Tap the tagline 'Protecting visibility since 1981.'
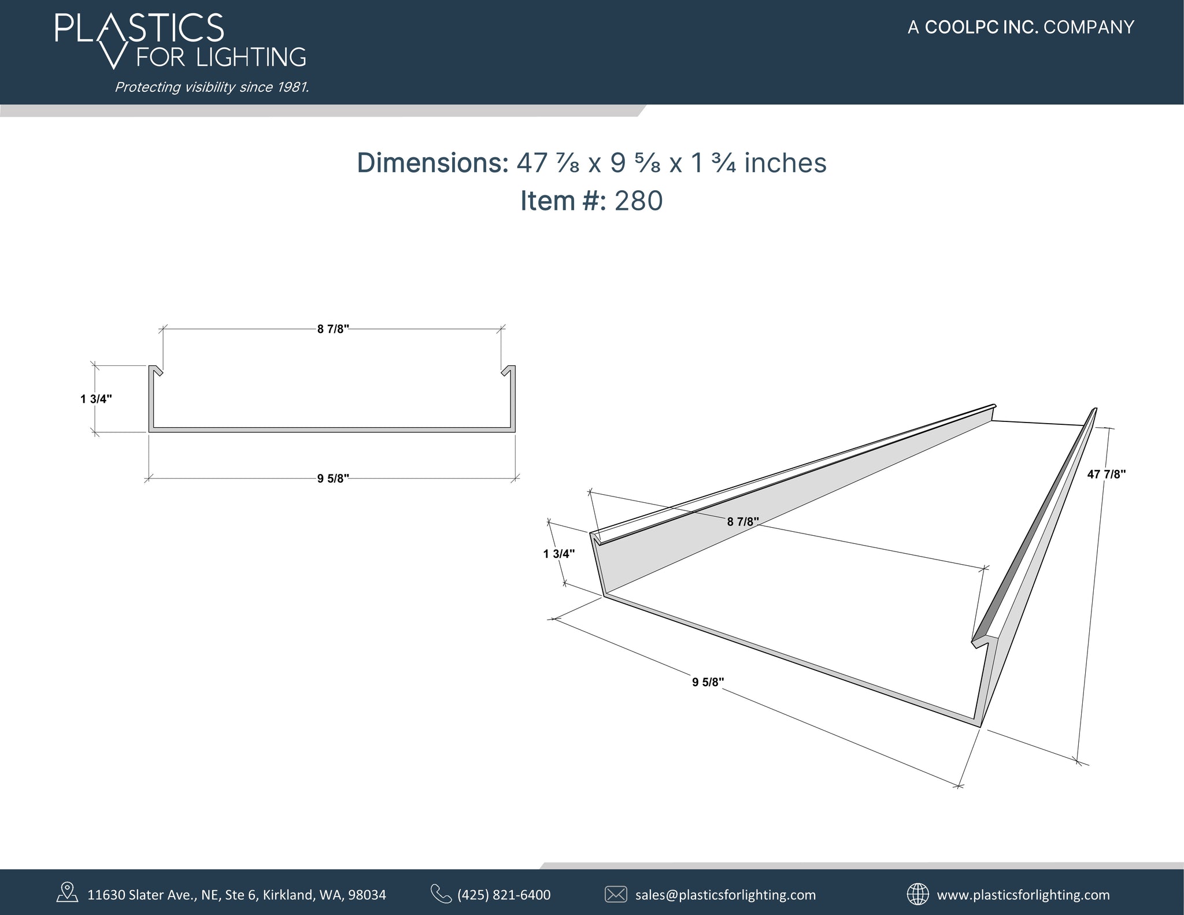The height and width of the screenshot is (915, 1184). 212,87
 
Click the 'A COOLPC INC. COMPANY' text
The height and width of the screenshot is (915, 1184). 1020,27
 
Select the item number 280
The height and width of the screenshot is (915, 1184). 638,201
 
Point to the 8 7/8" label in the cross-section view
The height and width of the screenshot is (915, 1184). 333,329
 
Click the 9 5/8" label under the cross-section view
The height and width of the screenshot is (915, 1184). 333,479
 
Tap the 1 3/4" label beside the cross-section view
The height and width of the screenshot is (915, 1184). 96,399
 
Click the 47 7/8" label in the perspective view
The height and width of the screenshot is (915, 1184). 1106,475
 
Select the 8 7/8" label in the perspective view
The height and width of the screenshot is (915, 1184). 743,522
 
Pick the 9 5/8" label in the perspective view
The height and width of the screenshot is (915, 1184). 708,682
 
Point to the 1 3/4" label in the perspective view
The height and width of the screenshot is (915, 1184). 559,554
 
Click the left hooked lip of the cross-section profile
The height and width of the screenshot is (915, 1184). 156,371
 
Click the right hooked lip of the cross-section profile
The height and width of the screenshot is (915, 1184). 508,371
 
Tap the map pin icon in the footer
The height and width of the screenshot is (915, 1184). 67,892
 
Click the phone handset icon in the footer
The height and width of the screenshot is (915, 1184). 441,894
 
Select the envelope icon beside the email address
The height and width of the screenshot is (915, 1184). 616,894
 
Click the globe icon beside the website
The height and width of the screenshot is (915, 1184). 917,894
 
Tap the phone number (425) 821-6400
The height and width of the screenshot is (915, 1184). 504,895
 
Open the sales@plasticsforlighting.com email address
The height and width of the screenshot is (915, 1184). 726,895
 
